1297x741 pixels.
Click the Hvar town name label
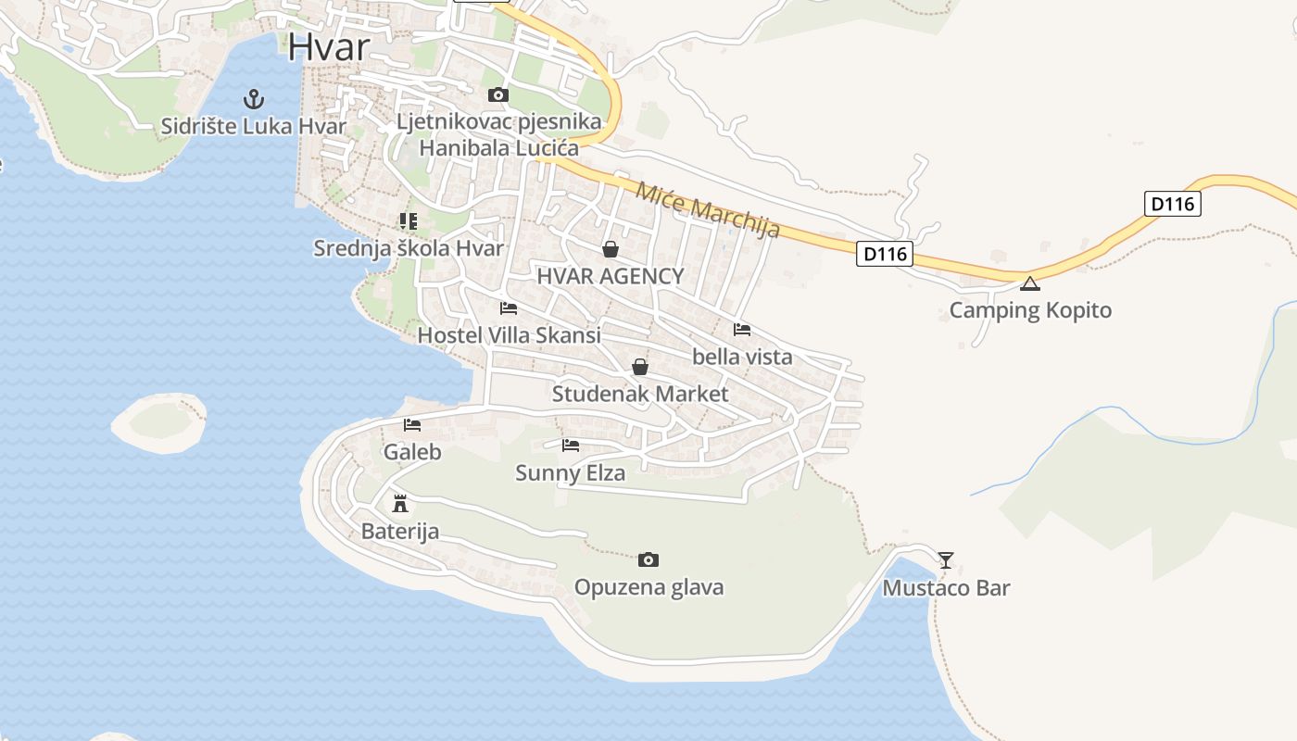tap(329, 47)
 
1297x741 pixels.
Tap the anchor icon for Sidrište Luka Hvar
tap(253, 98)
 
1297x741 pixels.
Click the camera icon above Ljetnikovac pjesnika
tap(498, 94)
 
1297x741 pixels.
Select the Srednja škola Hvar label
tap(409, 248)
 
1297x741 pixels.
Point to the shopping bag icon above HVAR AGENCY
tap(610, 248)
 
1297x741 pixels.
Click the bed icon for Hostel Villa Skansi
tap(509, 308)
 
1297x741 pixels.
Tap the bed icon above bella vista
tap(742, 329)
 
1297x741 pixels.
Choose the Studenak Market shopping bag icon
tap(639, 367)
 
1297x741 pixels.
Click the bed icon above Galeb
tap(412, 425)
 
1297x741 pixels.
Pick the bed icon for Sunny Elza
tap(571, 446)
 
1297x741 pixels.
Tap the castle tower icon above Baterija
tap(400, 503)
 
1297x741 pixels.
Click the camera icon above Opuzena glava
tap(648, 559)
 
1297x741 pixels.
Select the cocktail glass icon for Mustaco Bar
tap(945, 559)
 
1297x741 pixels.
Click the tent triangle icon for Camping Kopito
tap(1029, 283)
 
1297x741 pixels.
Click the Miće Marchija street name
tap(708, 209)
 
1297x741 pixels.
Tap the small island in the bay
tap(159, 423)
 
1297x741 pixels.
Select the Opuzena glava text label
tap(648, 587)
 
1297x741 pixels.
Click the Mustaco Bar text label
tap(946, 588)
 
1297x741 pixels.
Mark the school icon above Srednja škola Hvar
tap(409, 220)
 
